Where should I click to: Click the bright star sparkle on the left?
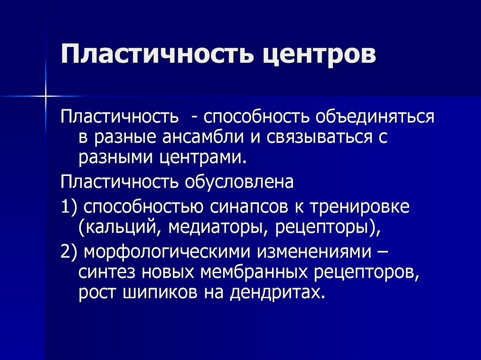[46, 96]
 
